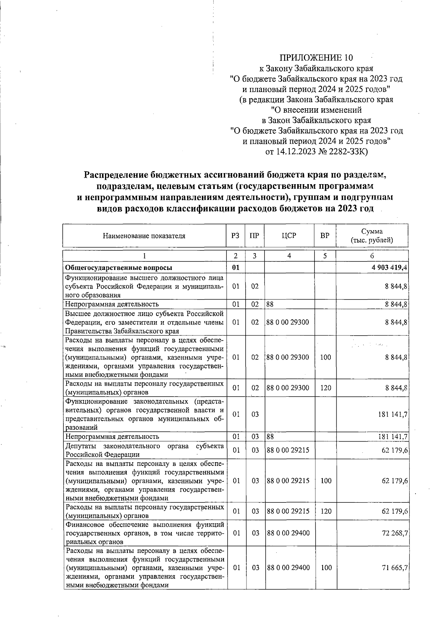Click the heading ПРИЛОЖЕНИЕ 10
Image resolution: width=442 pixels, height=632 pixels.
tap(316, 57)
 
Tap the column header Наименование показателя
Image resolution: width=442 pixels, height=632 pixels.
tap(144, 236)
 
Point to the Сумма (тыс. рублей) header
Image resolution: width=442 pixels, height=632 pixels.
tap(372, 236)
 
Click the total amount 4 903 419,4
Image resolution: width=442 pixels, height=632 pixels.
tap(389, 268)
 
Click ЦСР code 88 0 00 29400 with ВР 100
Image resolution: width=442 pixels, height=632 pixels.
tap(288, 568)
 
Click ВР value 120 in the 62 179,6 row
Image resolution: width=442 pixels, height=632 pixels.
tap(326, 511)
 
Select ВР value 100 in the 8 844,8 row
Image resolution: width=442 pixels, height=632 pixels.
tap(326, 357)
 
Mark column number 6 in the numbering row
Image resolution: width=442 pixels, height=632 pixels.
tap(372, 256)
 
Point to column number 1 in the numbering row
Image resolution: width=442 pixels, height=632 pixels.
tap(144, 256)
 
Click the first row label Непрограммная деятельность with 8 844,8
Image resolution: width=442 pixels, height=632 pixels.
tap(112, 304)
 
